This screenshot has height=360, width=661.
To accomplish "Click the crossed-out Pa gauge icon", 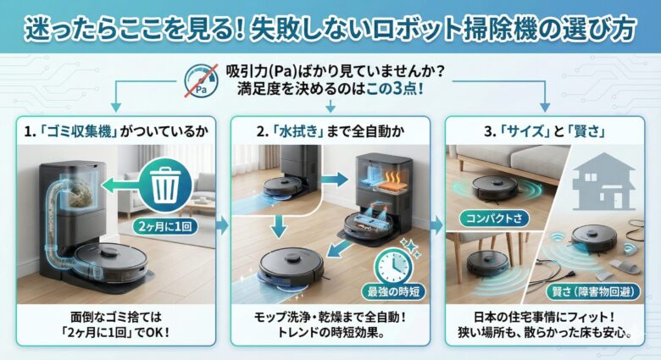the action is coord(201,81).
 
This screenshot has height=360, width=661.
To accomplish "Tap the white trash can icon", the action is coord(165,185).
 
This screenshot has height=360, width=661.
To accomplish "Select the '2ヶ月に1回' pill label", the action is coord(165,226).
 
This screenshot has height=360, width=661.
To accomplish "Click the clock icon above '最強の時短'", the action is coord(393,267).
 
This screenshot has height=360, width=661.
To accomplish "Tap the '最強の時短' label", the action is coord(393,291).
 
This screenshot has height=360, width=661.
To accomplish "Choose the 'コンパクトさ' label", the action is coord(494,219).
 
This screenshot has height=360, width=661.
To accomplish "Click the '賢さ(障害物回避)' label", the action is coord(592,291).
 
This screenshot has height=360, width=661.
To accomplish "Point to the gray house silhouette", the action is coord(603,181).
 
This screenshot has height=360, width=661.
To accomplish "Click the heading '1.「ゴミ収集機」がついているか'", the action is coord(116,131).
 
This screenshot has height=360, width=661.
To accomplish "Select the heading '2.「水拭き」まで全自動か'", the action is coord(330,131).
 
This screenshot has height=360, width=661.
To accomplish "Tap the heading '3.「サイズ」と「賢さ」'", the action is coord(545,131).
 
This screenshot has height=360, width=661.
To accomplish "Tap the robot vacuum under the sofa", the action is coord(495,186).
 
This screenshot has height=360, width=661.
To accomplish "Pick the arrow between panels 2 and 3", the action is coord(437,226).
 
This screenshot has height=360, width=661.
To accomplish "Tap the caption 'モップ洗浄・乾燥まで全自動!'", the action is coord(330,317).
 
